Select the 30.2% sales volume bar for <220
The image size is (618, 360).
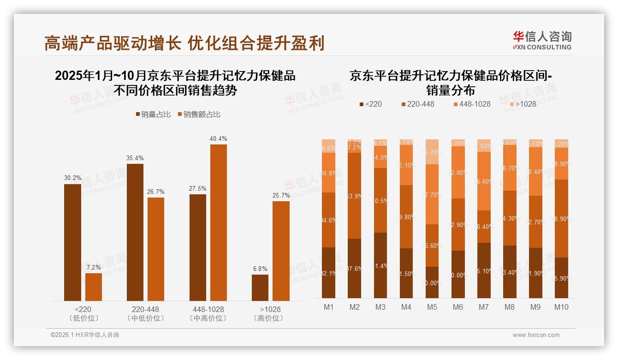(72, 242)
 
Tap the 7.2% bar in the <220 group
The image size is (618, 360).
(94, 287)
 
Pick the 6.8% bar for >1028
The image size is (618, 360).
(260, 288)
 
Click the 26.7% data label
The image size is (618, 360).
(156, 192)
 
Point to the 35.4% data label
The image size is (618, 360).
(135, 158)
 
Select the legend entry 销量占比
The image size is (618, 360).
(151, 114)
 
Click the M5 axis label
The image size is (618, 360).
(432, 307)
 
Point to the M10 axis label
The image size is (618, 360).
(561, 307)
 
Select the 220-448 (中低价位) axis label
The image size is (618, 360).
(145, 313)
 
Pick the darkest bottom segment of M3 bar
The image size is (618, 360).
(380, 265)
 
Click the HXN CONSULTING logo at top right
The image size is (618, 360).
(542, 41)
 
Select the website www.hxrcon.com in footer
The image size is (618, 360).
(535, 335)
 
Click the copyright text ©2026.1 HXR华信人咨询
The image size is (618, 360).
(85, 335)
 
